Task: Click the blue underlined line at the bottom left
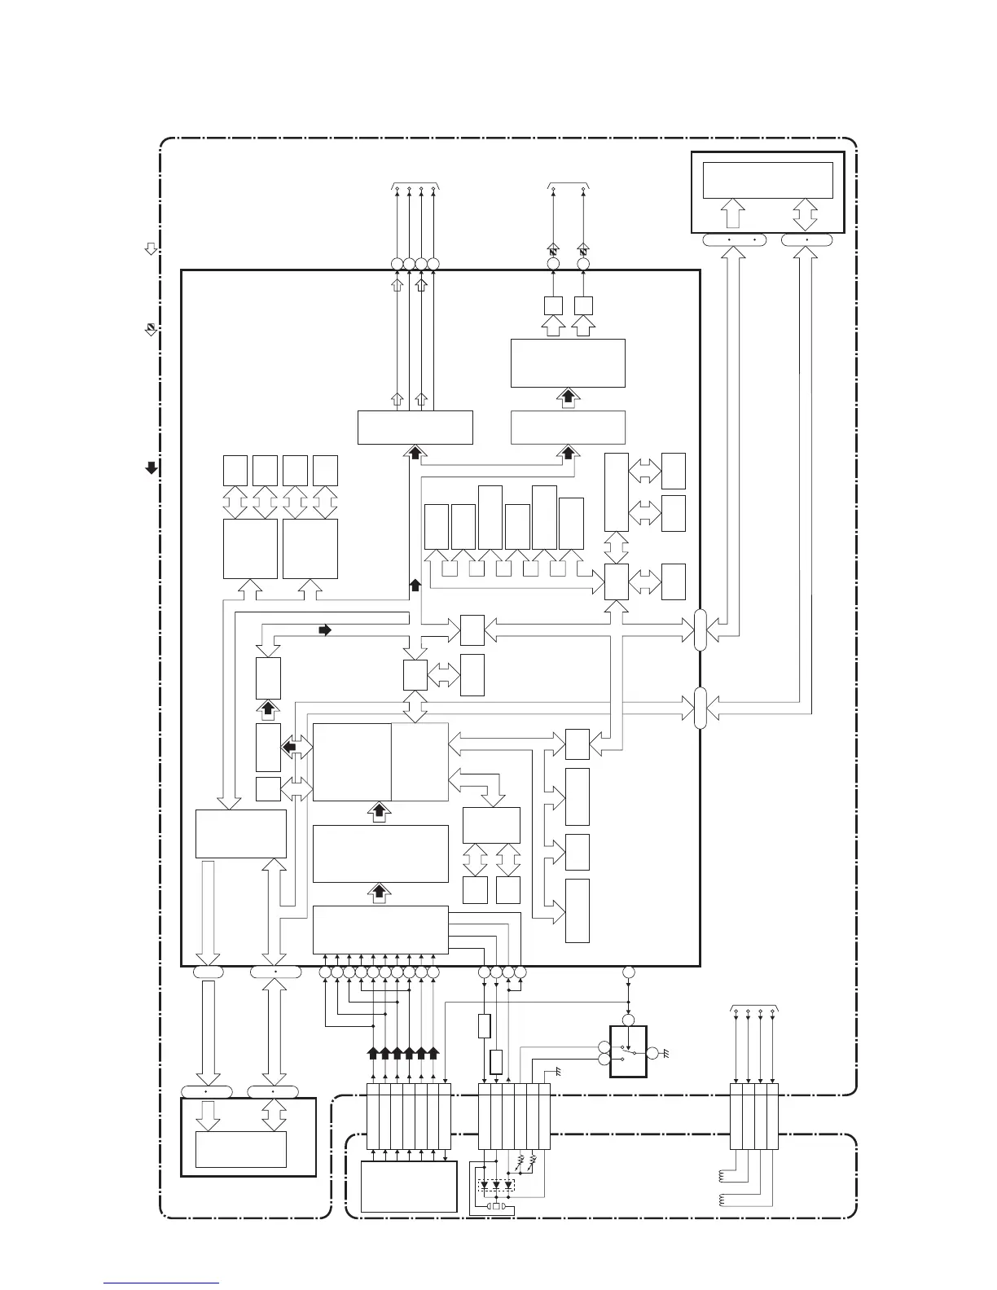[161, 1283]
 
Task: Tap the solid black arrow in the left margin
[151, 467]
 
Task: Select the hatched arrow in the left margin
[151, 329]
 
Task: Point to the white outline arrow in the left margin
[151, 249]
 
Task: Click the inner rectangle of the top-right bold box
[767, 180]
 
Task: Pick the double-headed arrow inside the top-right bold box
[806, 215]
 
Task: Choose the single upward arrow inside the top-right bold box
[731, 215]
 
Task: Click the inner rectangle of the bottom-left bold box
[240, 1149]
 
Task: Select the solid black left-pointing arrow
[288, 745]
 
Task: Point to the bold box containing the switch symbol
[627, 1051]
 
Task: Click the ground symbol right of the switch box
[666, 1054]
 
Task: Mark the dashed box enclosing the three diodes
[496, 1185]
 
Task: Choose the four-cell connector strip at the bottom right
[753, 1117]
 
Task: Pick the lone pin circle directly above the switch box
[628, 972]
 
